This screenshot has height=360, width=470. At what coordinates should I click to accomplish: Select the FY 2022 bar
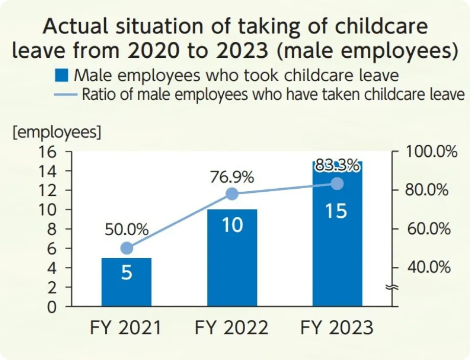pyautogui.click(x=232, y=258)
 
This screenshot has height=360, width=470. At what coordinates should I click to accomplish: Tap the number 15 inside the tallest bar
pyautogui.click(x=336, y=211)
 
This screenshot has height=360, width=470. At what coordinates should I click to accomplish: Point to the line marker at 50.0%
pyautogui.click(x=127, y=249)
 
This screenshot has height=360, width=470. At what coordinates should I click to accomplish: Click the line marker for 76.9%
pyautogui.click(x=232, y=194)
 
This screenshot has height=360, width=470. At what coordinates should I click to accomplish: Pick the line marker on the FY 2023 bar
pyautogui.click(x=337, y=184)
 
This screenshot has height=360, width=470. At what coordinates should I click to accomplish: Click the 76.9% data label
pyautogui.click(x=232, y=177)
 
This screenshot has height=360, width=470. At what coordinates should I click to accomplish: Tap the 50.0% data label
pyautogui.click(x=127, y=230)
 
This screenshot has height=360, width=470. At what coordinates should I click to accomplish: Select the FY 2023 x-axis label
pyautogui.click(x=337, y=327)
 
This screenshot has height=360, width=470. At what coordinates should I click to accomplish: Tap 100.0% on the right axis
pyautogui.click(x=431, y=152)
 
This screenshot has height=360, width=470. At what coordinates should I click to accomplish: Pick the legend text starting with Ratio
pyautogui.click(x=273, y=94)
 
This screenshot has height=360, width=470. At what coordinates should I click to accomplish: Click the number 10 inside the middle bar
pyautogui.click(x=232, y=225)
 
